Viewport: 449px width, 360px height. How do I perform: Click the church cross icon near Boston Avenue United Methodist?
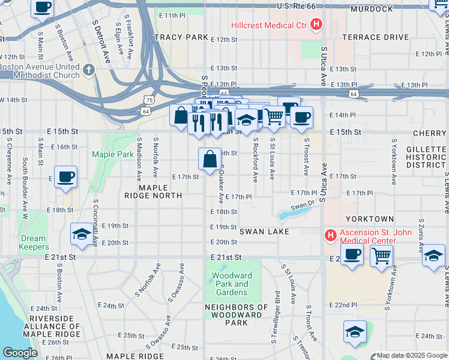pyautogui.click(x=89, y=70)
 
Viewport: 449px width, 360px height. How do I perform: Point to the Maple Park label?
pyautogui.click(x=112, y=154)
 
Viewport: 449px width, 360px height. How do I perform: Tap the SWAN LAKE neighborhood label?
pyautogui.click(x=264, y=232)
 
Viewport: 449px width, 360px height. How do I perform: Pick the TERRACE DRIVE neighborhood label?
pyautogui.click(x=375, y=37)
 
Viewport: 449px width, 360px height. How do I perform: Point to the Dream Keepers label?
pyautogui.click(x=34, y=242)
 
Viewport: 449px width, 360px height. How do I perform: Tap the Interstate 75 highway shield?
pyautogui.click(x=148, y=100)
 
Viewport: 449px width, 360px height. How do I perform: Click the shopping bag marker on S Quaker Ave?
pyautogui.click(x=209, y=160)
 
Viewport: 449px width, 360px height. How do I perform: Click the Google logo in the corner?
pyautogui.click(x=20, y=353)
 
